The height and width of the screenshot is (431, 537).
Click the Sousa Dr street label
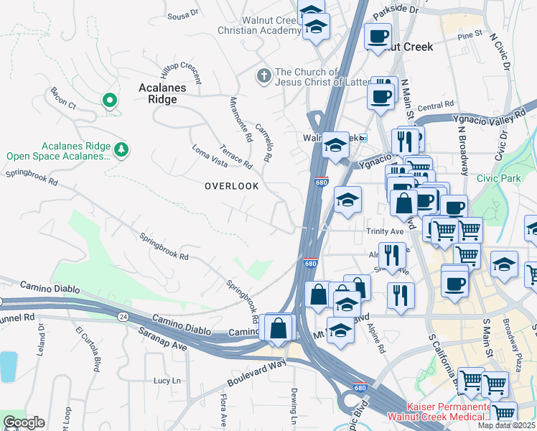coord(182,14)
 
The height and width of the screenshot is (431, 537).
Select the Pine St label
coord(470,34)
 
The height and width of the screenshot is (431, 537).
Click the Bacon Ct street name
coord(63,98)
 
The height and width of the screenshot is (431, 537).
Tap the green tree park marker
coord(122,149)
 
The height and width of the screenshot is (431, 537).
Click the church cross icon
coord(263,75)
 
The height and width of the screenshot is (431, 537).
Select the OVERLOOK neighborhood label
coord(231,185)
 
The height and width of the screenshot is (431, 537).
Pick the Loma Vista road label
coord(209,157)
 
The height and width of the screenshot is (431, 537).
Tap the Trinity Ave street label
coord(385,231)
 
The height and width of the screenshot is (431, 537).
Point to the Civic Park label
coord(495,177)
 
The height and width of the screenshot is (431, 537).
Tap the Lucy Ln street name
coord(170,380)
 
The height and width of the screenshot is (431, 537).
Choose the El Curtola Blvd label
coord(86,349)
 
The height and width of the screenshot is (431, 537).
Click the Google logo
coord(24,422)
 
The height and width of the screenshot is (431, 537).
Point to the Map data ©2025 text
coord(506,425)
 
